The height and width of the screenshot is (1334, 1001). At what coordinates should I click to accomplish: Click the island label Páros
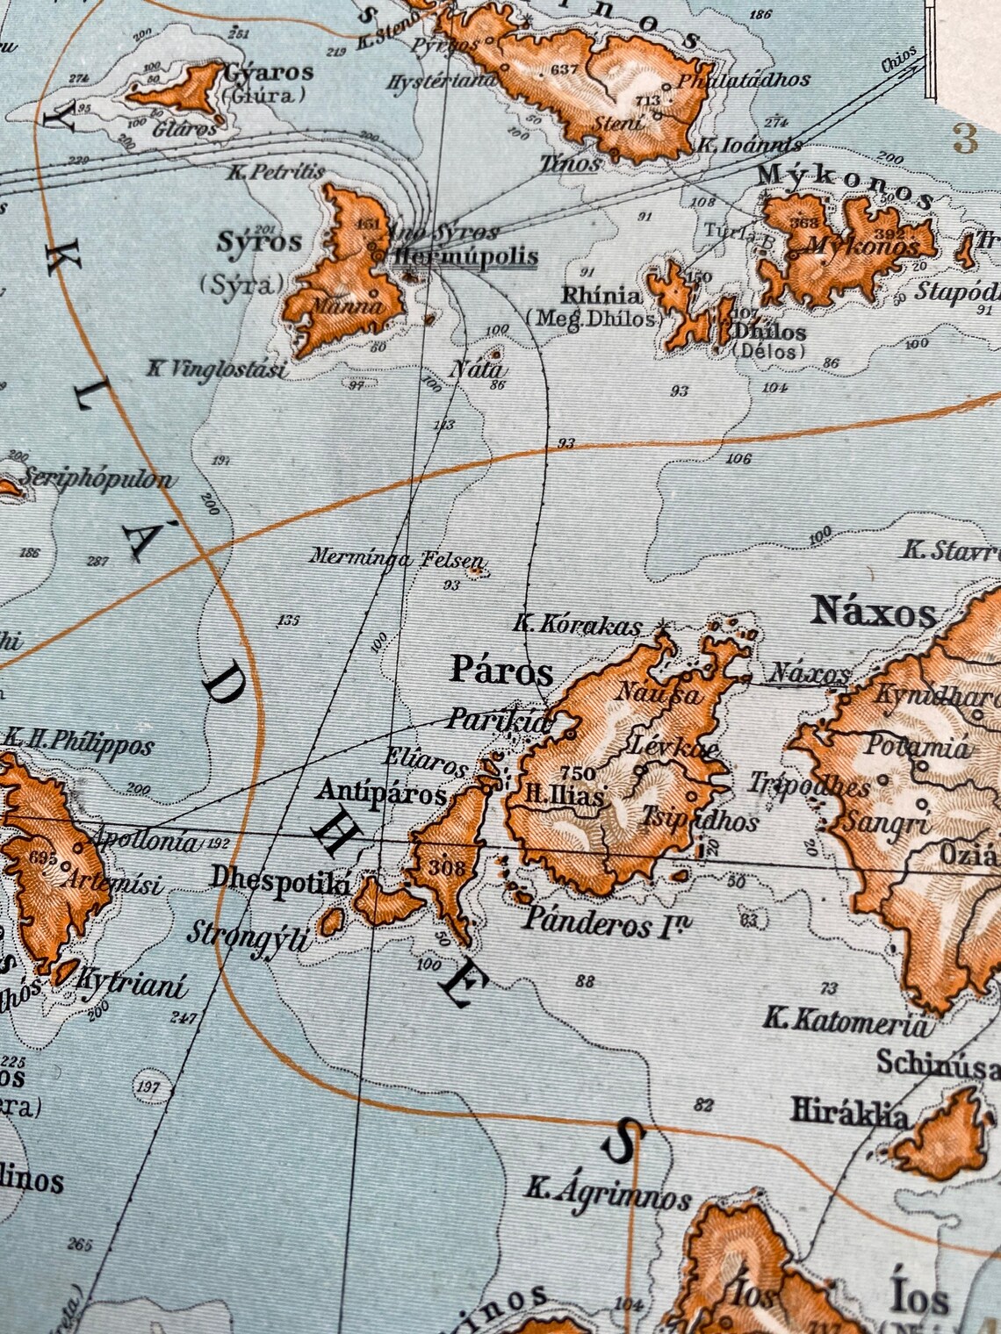tap(501, 671)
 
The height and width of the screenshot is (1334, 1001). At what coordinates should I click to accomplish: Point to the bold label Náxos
tap(874, 610)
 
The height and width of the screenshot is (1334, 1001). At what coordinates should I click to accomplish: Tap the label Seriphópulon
tap(97, 480)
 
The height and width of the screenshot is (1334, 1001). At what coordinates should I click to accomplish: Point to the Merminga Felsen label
tap(396, 557)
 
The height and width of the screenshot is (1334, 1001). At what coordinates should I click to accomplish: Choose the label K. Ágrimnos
tap(609, 1194)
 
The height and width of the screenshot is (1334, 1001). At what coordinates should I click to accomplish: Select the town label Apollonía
tap(146, 840)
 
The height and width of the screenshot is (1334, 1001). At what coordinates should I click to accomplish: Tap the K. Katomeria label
tap(844, 1021)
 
